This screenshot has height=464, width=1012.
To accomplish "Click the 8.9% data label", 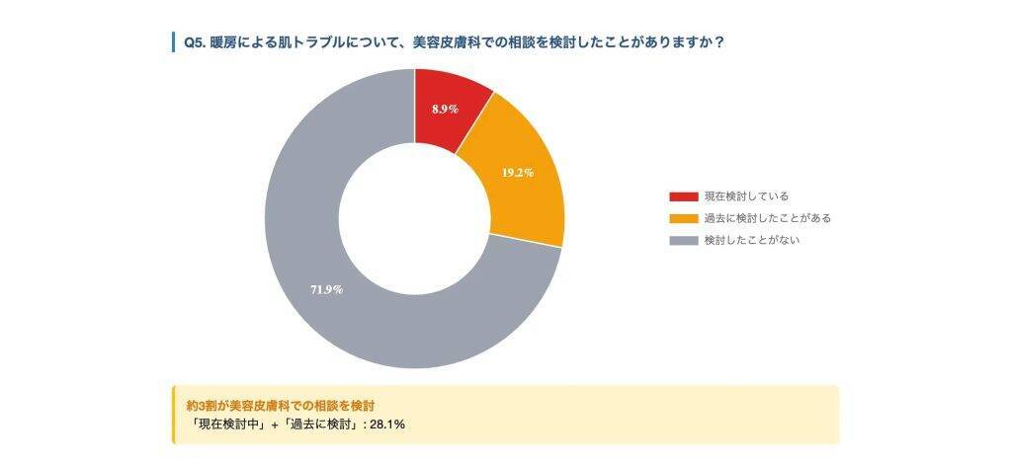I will (x=445, y=110).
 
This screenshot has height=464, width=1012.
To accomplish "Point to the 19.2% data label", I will (x=517, y=173).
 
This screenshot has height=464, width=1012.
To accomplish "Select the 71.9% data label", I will (x=326, y=289).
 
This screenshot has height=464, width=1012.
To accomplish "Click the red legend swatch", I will (x=683, y=196).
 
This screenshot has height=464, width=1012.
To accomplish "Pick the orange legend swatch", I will (x=683, y=218).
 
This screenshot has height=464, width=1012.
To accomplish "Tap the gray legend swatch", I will (x=683, y=240).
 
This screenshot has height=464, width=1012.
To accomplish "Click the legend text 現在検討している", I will (x=745, y=196).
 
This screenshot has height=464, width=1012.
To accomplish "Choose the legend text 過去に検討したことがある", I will (x=767, y=218).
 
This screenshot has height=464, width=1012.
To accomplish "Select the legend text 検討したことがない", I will (x=751, y=240).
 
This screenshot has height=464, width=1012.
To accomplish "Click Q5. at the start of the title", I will (x=194, y=42).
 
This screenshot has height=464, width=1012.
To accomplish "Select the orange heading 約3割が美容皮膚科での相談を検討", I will (x=281, y=405).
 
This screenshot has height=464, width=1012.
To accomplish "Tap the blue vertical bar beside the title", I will (x=173, y=42).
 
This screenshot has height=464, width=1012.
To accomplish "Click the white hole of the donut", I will (x=414, y=218).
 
